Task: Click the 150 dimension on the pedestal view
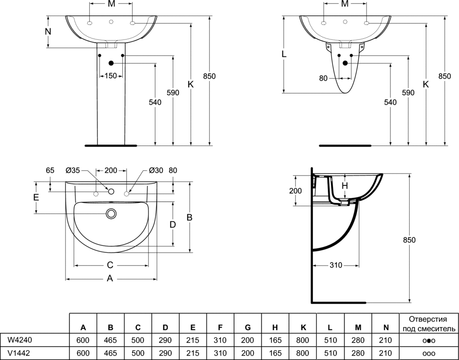pos(111,76)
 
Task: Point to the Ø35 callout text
pos(73,170)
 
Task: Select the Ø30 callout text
pos(156,170)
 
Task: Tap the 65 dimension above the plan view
pos(50,170)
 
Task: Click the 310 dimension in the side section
pos(336,265)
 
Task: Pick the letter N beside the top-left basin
pos(48,31)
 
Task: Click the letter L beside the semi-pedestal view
pos(284,54)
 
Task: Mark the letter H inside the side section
pos(345,185)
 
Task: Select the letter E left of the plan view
pos(36,197)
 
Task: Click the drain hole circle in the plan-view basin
pos(111,214)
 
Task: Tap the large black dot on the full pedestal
pos(111,63)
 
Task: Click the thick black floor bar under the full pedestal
pos(111,146)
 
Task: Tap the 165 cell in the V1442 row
pos(275,353)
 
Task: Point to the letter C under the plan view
pos(110,265)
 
